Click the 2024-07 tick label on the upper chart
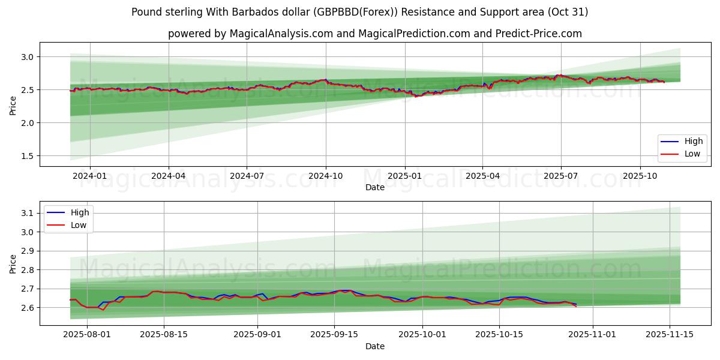pos(247,176)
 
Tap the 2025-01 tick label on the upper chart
pos(404,176)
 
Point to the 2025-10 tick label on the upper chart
pos(640,176)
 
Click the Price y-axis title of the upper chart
pos(13,106)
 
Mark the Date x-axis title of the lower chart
pos(375,346)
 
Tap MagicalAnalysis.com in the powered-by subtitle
pos(281,34)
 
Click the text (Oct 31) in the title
pos(568,12)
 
